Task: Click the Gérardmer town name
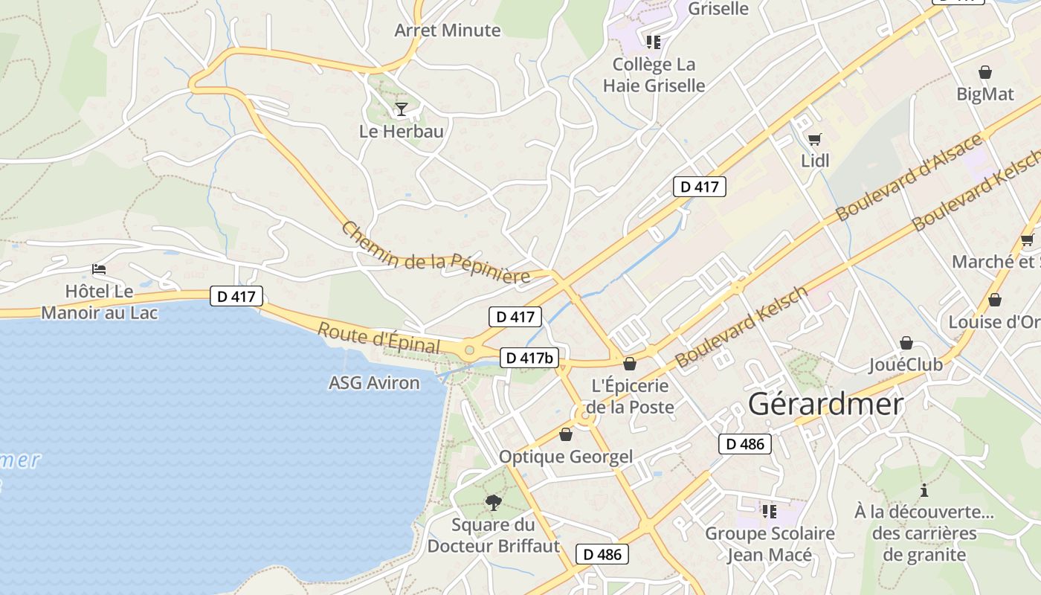point(825,404)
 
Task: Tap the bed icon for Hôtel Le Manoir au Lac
point(99,268)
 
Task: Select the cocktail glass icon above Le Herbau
point(402,109)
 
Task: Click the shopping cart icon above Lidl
point(815,138)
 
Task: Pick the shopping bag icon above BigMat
point(985,72)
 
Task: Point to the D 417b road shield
point(529,358)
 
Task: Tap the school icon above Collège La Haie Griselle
point(654,42)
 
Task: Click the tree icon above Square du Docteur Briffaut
point(493,503)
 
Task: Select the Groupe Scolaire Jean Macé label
point(770,544)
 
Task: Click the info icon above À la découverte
point(924,490)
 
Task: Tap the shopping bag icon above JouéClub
point(906,343)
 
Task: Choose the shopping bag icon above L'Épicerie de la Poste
point(630,364)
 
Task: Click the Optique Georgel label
point(566,457)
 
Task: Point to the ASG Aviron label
point(374,383)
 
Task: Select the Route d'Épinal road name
point(378,338)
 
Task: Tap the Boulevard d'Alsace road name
point(909,178)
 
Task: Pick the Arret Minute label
point(448,30)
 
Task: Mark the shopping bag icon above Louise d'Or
point(994,300)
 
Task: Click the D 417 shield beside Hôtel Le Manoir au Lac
point(236,296)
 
